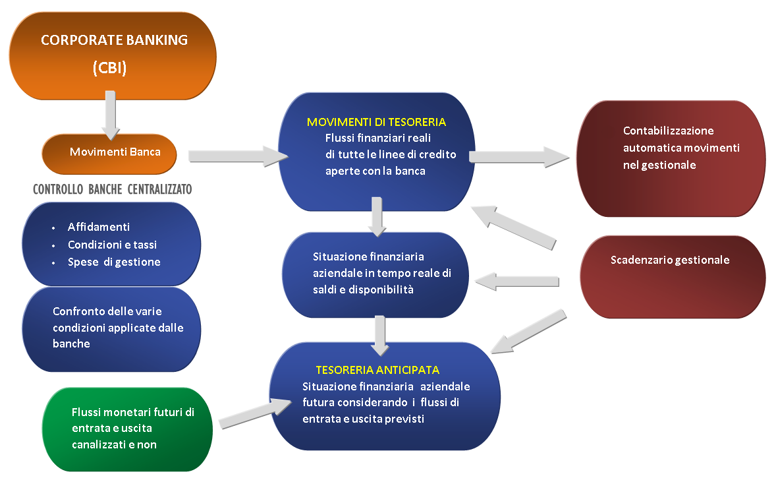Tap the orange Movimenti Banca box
[109, 152]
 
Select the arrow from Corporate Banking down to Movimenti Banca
[111, 114]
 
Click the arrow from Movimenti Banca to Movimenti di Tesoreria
[237, 156]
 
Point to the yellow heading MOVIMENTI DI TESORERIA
[376, 122]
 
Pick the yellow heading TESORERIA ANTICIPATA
[377, 370]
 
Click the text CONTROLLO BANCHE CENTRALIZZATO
[112, 190]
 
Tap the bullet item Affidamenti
[99, 227]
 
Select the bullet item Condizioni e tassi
[112, 245]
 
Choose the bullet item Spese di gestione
[114, 262]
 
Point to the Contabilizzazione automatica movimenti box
[671, 158]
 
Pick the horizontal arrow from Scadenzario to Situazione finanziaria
[521, 282]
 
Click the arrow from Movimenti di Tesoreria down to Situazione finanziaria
[377, 216]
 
